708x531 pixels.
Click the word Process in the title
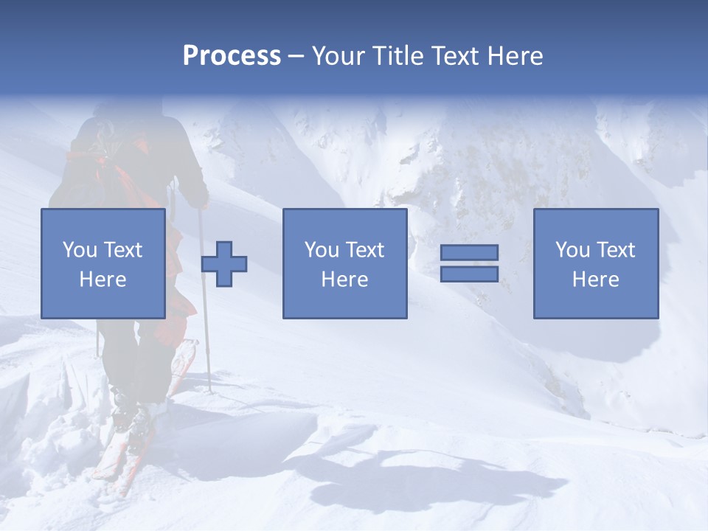[x=232, y=56]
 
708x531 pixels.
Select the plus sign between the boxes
[x=224, y=263]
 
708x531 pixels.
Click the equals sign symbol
[x=469, y=263]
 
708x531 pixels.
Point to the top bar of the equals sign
[x=469, y=253]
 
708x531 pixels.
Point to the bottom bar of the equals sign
[x=469, y=274]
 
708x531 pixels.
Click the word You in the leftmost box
[x=79, y=250]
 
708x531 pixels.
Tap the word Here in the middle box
[x=344, y=280]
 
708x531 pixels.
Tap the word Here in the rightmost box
[x=595, y=280]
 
